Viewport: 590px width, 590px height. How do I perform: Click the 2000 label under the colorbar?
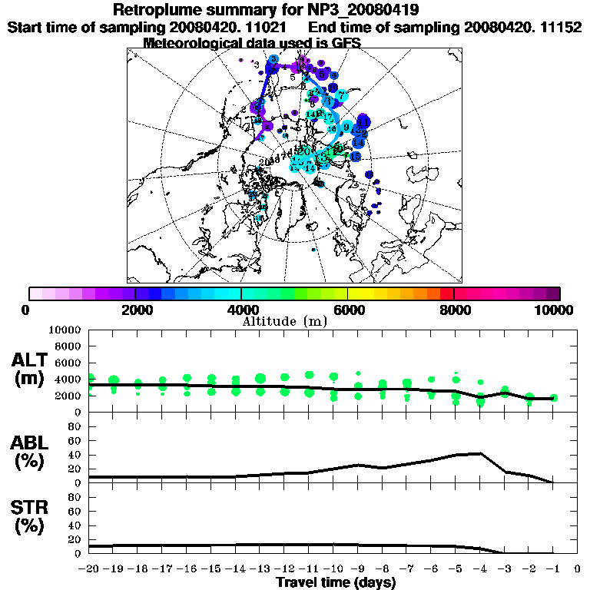point(134,310)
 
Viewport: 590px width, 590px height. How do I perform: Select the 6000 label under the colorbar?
point(347,310)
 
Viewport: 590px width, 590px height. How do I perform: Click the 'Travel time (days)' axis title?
point(336,583)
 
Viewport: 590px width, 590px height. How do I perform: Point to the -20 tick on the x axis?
point(90,570)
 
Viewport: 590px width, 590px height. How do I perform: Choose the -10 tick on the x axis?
point(333,570)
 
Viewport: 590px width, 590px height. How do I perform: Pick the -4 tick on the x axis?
point(479,570)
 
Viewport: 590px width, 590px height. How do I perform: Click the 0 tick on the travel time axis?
point(577,570)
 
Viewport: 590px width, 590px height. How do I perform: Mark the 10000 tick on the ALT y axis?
point(68,330)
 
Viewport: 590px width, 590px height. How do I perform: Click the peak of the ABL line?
point(481,453)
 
